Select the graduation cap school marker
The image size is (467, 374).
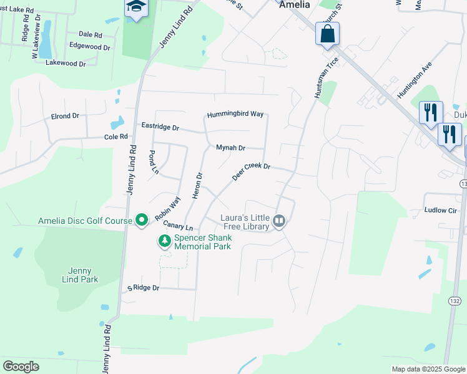coord(135,8)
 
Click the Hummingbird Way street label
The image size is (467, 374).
coord(235,114)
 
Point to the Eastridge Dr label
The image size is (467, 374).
coord(160,127)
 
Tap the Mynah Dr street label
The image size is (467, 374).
coord(230,148)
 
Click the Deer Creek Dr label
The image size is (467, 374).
coord(251,171)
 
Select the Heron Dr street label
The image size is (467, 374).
coord(199,186)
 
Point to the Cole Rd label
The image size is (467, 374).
coord(116,137)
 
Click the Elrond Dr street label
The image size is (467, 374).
coord(65,116)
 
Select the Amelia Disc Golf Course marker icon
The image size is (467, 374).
coord(142,219)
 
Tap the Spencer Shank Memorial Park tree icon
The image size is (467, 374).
coord(165,240)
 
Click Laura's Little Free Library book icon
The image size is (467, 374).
coord(280,221)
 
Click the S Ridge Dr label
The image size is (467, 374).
coord(144,288)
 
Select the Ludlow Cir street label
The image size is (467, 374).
coord(441,211)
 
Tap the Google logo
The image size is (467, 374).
coord(21,367)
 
